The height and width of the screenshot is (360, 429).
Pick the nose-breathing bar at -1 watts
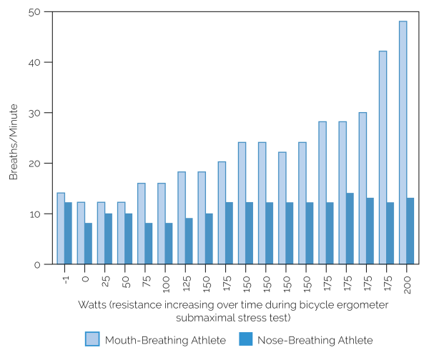click(x=69, y=234)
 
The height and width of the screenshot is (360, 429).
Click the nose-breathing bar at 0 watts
click(x=89, y=244)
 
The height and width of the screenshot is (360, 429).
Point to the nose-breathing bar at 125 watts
click(x=189, y=241)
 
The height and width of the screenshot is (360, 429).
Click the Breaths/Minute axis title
click(x=14, y=139)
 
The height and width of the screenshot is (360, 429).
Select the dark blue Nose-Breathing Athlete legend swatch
click(x=247, y=339)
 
